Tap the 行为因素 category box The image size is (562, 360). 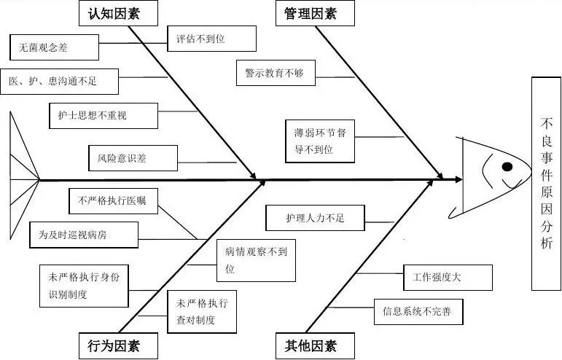pos(118,345)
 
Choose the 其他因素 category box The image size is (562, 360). pos(306,345)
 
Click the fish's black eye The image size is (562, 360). pos(506,167)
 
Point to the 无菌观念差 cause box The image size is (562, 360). pos(54,47)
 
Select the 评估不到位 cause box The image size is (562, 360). pos(212,39)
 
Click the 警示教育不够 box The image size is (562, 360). pos(273,73)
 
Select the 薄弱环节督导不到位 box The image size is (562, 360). pos(319,141)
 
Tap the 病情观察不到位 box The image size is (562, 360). pos(256,260)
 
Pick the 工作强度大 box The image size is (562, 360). pos(448,277)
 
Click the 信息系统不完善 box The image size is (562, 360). pos(417,312)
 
